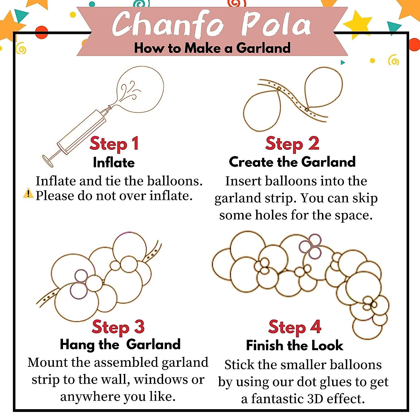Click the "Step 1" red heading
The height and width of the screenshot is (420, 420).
click(114, 144)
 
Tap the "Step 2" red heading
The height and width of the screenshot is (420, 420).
click(292, 144)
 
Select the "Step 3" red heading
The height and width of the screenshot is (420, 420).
click(118, 327)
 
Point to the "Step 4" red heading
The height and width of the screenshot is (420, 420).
click(295, 327)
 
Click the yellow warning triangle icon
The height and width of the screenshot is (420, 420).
click(28, 193)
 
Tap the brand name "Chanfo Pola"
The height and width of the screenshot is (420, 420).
click(211, 24)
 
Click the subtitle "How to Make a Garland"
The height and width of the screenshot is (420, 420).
click(212, 48)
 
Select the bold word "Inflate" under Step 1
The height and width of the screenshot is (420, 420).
click(114, 163)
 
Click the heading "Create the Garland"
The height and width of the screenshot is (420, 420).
click(292, 162)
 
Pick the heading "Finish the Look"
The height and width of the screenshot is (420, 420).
click(294, 345)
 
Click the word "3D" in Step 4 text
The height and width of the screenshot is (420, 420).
click(317, 399)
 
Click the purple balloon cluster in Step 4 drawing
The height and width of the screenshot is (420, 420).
click(310, 246)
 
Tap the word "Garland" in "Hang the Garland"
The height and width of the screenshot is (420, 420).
click(153, 344)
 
